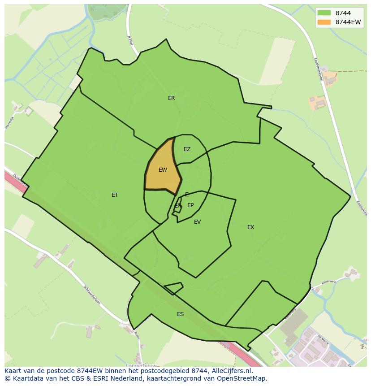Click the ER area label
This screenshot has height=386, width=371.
[171, 98]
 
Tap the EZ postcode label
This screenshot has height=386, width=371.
[187, 149]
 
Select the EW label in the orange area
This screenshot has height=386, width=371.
[163, 170]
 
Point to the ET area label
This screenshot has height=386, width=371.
[115, 195]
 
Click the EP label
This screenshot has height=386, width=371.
[190, 205]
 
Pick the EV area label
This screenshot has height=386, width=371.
[197, 222]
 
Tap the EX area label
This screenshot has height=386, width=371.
[250, 227]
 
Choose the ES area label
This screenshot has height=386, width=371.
[180, 314]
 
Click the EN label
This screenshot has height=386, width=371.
[178, 206]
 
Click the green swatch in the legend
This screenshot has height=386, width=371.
[324, 13]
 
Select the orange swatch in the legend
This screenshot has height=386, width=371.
[324, 22]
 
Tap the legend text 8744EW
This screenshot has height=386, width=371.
[348, 22]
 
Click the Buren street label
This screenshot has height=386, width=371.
[137, 334]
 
